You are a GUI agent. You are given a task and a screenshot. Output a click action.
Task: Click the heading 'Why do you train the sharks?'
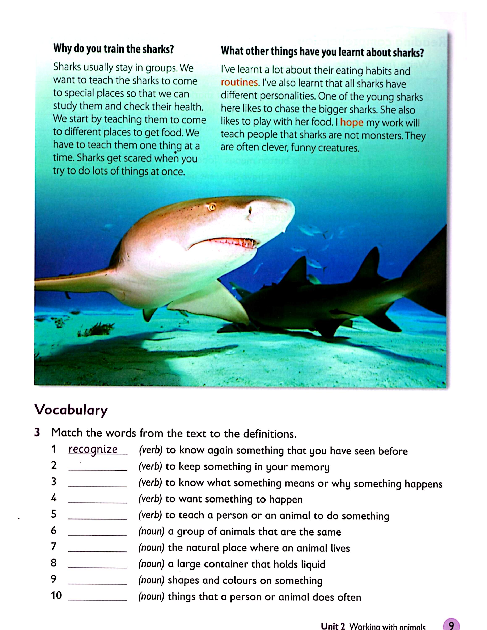click(114, 49)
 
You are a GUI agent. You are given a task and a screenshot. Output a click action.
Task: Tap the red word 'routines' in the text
click(239, 83)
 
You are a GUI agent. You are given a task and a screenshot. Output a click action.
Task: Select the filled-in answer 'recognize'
click(93, 449)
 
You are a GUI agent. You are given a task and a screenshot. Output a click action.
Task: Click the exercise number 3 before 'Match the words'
click(37, 432)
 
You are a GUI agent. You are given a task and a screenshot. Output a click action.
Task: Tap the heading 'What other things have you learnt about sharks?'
click(322, 52)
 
